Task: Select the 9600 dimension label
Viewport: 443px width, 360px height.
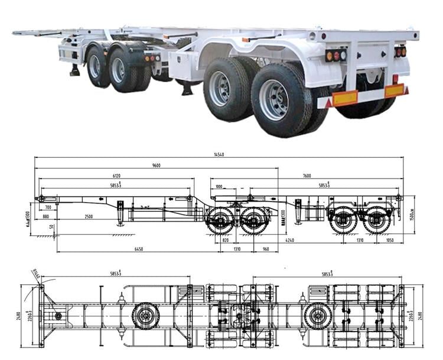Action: pos(157,166)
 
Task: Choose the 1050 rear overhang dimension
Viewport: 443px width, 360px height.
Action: pos(389,241)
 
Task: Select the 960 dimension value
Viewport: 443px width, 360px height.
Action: pos(265,250)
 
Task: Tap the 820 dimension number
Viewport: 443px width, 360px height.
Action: pos(226,241)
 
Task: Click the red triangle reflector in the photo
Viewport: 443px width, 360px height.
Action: pos(329,104)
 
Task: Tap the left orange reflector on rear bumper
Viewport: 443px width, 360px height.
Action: pos(345,98)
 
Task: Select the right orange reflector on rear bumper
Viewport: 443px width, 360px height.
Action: pos(394,90)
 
